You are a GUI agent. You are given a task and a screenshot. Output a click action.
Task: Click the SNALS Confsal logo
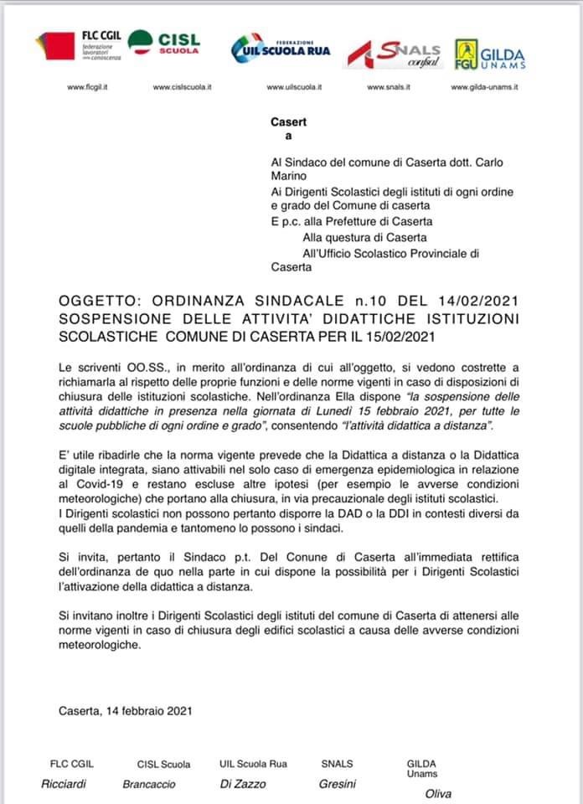point(395,52)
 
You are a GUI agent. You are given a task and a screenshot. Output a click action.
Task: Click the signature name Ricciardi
point(65,784)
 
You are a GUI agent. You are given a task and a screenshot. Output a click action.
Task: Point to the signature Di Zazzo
point(243,785)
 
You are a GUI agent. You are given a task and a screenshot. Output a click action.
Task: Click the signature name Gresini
point(338,785)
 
